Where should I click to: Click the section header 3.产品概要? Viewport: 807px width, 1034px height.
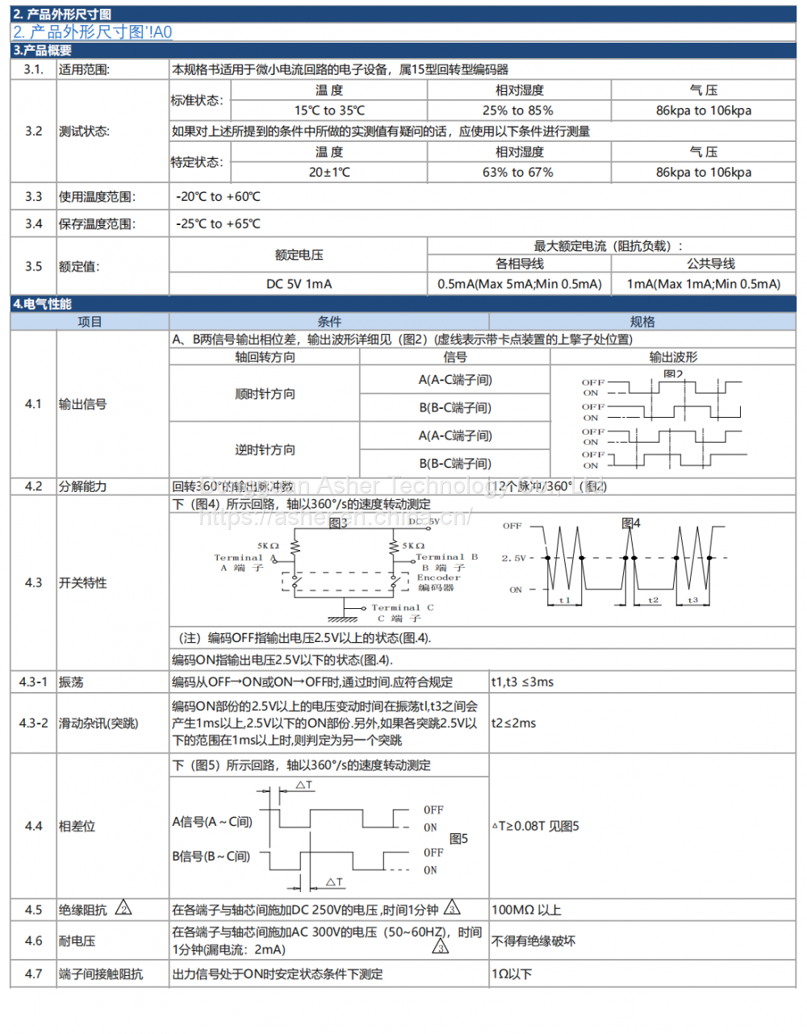pos(43,50)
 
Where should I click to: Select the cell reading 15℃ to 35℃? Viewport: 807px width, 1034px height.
pos(329,110)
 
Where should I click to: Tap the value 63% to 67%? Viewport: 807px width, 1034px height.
pos(518,172)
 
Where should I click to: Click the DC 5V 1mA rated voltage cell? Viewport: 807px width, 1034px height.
pos(299,284)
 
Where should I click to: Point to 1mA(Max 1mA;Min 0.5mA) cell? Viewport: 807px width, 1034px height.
pos(704,284)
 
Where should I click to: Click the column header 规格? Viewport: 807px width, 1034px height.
pos(642,322)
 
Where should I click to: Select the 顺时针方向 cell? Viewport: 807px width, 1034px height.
pos(265,394)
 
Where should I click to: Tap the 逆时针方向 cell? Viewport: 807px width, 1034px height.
pos(265,450)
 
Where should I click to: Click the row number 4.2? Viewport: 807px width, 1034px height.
pos(33,486)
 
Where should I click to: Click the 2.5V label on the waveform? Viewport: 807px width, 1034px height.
pos(513,558)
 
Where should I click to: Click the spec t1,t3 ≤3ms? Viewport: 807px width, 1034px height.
pos(522,682)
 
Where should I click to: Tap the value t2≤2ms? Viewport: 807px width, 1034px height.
pos(513,723)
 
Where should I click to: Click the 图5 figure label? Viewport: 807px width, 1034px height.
pos(458,839)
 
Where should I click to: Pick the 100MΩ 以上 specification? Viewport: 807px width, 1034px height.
pos(526,910)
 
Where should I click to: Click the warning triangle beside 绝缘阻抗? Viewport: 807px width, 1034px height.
pos(123,908)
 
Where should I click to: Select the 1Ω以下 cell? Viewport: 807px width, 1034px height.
pos(512,974)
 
